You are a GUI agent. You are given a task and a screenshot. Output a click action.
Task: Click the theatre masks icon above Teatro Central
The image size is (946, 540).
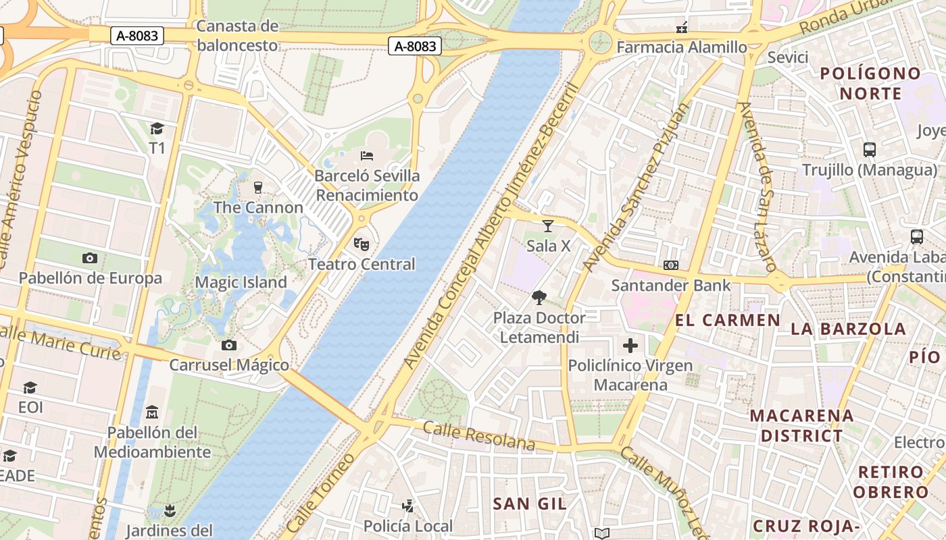[x=362, y=244]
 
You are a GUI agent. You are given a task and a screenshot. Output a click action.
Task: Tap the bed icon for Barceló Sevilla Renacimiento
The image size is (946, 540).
[x=367, y=156]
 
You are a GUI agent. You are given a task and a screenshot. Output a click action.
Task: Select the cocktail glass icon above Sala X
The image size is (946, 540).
[x=548, y=225]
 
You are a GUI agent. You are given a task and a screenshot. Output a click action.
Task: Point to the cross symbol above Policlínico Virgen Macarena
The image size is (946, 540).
[x=630, y=346]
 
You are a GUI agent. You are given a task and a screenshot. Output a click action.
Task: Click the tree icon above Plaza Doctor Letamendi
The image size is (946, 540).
[x=539, y=297]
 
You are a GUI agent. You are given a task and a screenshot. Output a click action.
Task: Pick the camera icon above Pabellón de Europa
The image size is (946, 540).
[x=90, y=258]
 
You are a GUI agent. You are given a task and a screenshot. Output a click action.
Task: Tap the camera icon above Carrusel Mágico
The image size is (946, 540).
[x=229, y=346]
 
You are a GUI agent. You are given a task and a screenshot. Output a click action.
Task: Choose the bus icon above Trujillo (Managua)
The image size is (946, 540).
[x=870, y=150]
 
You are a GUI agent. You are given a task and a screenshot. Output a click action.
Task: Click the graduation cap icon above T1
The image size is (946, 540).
[x=157, y=128]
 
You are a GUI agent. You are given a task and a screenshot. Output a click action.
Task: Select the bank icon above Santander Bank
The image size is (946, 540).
[x=671, y=265]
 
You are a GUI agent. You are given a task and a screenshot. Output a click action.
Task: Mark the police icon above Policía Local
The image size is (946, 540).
[x=408, y=506]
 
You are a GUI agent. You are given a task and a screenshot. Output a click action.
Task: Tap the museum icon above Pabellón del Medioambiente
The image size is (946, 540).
[x=152, y=412]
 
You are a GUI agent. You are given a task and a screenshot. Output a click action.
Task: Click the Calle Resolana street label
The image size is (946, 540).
[x=479, y=435]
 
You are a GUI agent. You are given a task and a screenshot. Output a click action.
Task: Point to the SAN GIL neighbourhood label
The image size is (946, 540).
[x=530, y=504]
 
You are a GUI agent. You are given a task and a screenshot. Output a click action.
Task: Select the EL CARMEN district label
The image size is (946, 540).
[x=728, y=320]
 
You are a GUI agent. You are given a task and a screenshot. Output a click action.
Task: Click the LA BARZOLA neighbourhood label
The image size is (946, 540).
[x=848, y=329]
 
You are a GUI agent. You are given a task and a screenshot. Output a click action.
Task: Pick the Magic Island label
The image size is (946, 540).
[x=241, y=282]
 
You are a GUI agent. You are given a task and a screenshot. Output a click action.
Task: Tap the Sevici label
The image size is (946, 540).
[x=788, y=57]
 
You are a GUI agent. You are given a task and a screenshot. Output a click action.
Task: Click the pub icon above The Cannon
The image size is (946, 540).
[x=257, y=187]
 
